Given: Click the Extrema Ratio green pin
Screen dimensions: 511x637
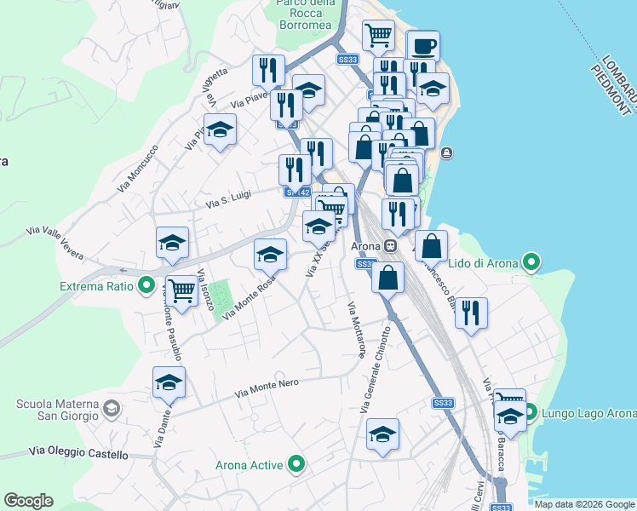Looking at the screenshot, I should click(146, 285).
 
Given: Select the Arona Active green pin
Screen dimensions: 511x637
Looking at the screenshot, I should click(296, 464).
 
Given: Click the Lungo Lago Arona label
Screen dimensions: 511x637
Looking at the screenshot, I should click(588, 414).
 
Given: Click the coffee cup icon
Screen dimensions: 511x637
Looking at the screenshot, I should click(423, 46).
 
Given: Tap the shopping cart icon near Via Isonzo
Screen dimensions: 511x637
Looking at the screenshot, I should click(181, 290).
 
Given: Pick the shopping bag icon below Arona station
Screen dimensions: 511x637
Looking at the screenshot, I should click(388, 276).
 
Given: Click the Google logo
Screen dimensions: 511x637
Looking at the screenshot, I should click(29, 500).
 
